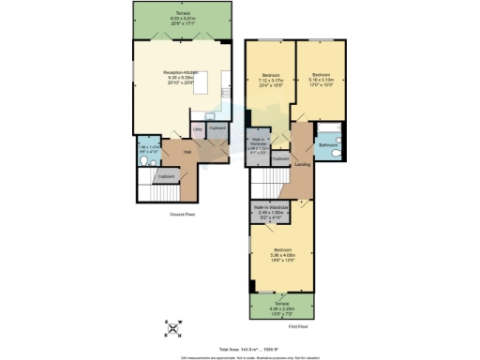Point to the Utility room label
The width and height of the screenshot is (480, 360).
198,127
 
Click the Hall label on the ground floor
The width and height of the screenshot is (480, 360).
187,152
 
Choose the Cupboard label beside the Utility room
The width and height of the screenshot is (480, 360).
217,127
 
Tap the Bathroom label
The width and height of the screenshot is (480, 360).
327,145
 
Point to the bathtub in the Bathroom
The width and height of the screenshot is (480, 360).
327,127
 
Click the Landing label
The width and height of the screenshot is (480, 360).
303,165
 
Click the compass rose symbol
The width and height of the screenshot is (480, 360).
173,327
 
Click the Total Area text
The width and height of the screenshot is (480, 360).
240,348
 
